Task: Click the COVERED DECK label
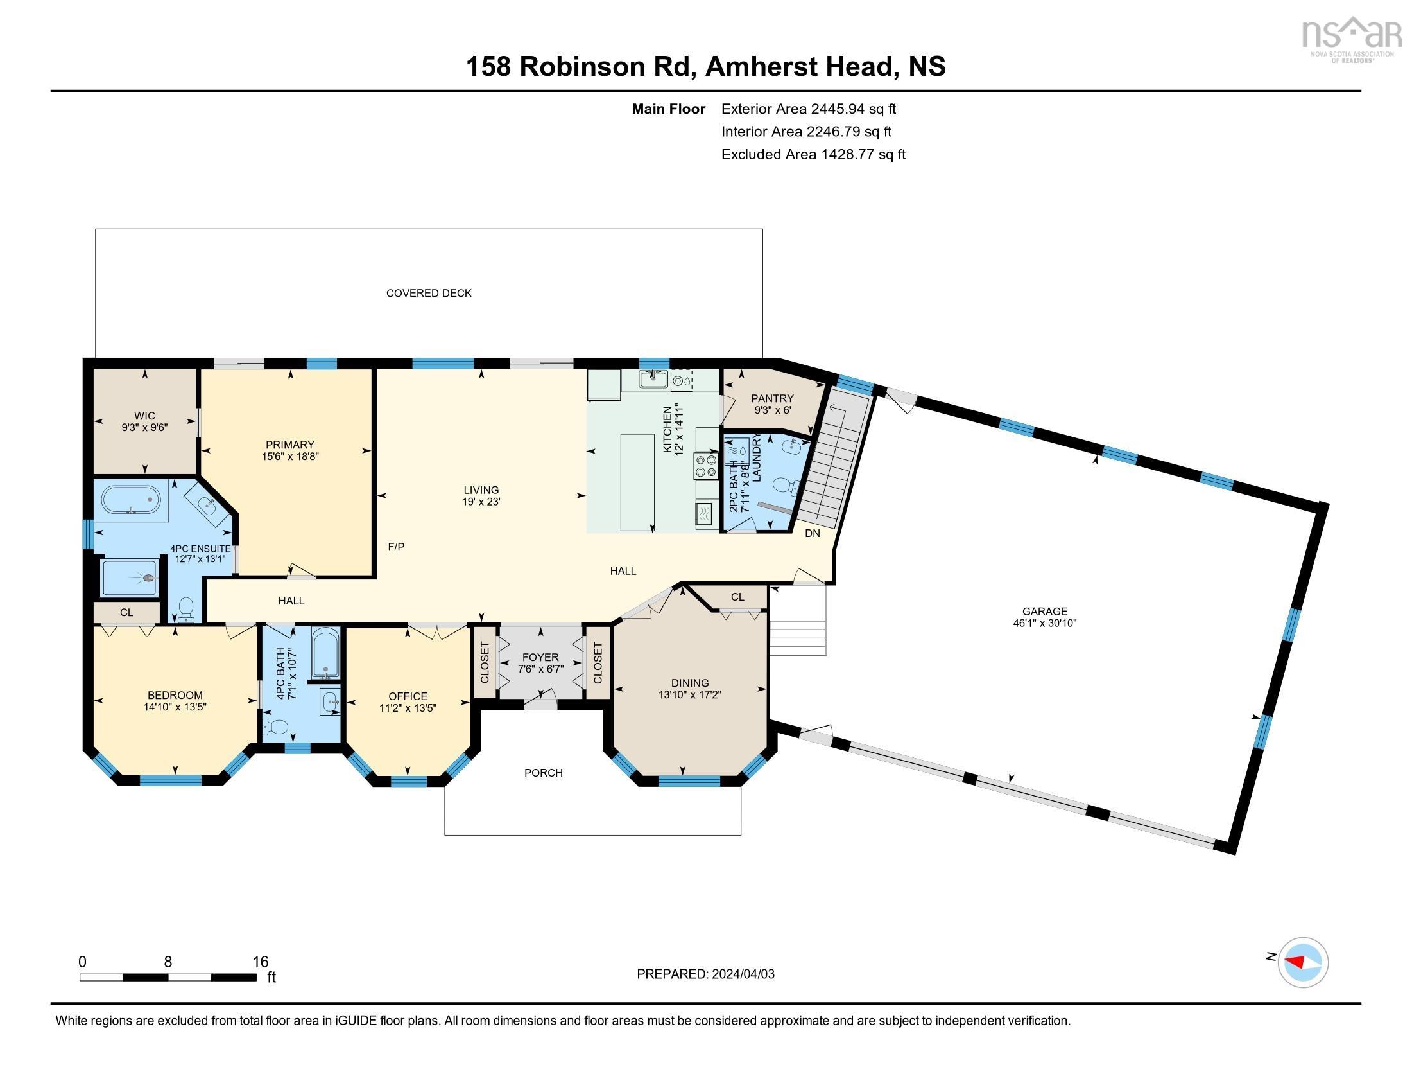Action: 429,293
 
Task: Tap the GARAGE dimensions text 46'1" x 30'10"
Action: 1044,623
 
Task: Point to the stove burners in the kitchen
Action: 706,466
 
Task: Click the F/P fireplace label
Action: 396,547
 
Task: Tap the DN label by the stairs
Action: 812,533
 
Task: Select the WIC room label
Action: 145,416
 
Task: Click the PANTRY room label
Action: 772,398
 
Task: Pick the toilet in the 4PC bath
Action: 276,727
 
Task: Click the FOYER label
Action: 540,657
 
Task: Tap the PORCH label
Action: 543,772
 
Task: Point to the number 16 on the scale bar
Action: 260,962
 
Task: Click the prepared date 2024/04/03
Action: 742,974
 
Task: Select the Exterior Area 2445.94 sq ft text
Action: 808,109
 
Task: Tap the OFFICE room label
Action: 408,696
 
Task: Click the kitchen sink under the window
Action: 653,379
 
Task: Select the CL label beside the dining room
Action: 737,597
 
